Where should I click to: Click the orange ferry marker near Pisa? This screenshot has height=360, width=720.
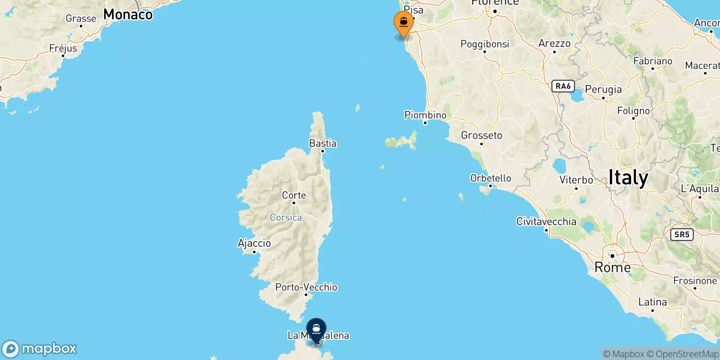404,22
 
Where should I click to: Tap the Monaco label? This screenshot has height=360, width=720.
128,14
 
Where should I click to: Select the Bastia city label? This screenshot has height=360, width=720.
323,144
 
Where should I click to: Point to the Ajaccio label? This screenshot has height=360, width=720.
254,243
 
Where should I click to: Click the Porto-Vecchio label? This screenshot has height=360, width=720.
306,287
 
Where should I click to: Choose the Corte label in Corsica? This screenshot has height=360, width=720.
294,195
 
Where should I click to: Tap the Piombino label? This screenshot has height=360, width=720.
425,115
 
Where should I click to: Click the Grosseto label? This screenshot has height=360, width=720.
481,135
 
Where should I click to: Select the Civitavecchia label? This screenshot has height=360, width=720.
546,221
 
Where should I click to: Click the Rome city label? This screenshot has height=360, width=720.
612,267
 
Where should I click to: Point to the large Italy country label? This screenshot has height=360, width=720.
628,178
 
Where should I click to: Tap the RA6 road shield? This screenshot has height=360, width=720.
563,86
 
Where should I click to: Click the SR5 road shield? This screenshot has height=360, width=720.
682,234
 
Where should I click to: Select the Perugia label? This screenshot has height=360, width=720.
603,90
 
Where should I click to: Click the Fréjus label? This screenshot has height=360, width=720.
63,48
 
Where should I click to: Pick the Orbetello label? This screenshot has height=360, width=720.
490,178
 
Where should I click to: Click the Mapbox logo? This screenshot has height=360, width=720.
40,349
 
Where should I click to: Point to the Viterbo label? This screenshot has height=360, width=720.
576,180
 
